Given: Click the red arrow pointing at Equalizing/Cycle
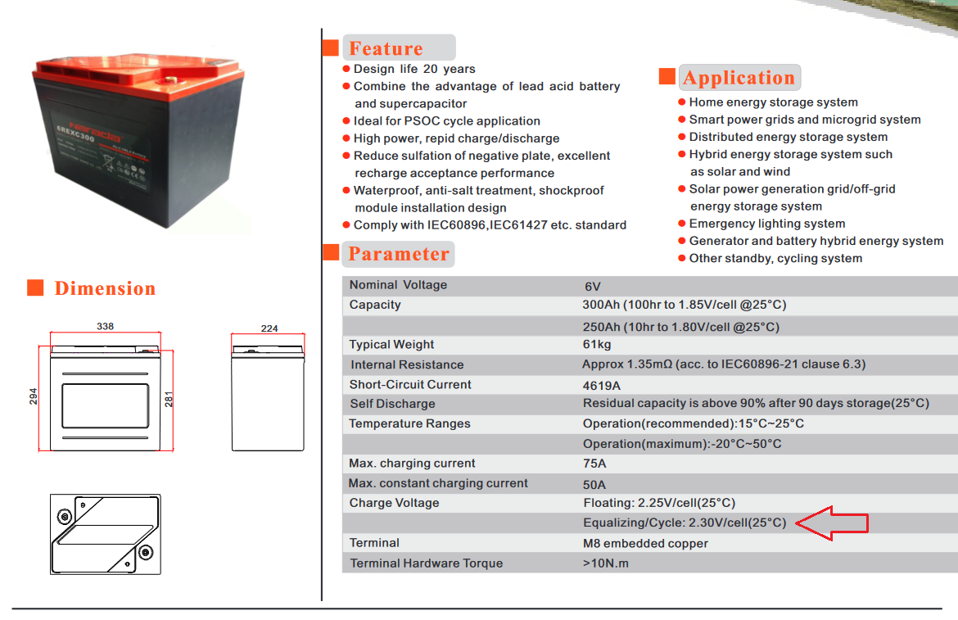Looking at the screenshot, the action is [x=832, y=523].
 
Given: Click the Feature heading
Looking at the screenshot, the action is [x=386, y=48].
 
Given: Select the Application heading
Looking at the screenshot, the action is [x=739, y=78].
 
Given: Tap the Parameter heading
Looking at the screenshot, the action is [x=399, y=254].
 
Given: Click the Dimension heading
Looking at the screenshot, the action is [x=105, y=288].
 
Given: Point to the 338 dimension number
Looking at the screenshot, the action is [x=105, y=326].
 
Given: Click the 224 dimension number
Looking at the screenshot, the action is [x=269, y=328].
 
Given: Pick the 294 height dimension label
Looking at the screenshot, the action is [x=33, y=396].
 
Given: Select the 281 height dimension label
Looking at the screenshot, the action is [x=169, y=400].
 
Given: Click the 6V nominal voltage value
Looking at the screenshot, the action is [x=593, y=287].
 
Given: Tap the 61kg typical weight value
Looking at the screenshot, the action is [x=597, y=345].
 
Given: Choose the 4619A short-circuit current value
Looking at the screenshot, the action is [x=602, y=386].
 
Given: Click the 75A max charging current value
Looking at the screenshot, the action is [x=594, y=464].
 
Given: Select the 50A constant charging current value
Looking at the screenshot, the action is [x=594, y=485].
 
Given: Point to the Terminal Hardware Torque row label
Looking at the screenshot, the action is [x=427, y=563].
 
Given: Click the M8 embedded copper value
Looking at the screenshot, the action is [x=646, y=544].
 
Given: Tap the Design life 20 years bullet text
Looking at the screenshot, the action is [x=414, y=69].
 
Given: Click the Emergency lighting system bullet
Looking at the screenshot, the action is [x=767, y=224].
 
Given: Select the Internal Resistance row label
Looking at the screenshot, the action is [x=407, y=364].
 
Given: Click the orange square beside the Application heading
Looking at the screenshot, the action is [x=667, y=76].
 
